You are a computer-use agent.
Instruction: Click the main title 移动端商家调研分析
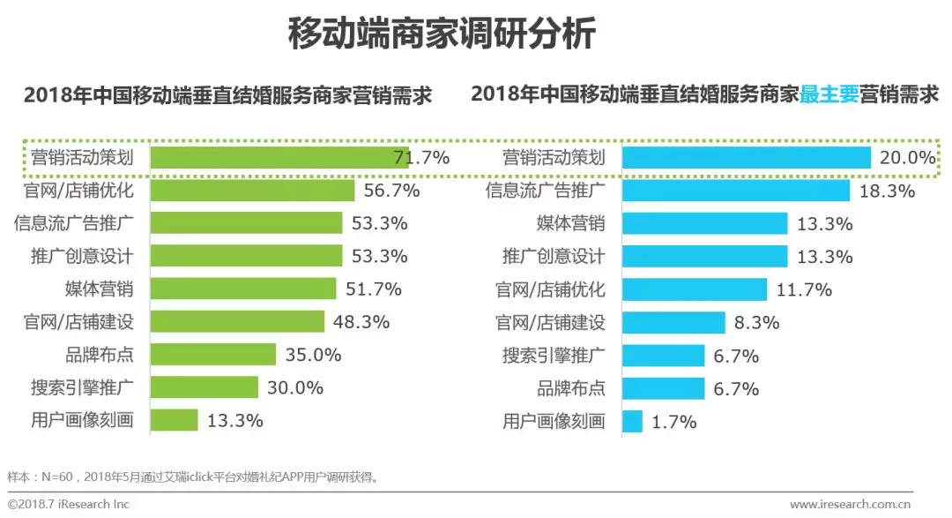[442, 35]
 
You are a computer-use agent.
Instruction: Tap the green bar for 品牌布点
[213, 355]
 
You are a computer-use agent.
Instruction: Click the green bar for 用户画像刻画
[174, 420]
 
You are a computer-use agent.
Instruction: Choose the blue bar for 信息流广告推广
[736, 190]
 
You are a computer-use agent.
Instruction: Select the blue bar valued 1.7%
[632, 421]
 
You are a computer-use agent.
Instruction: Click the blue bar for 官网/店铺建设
[673, 322]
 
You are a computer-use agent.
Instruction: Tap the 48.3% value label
[361, 322]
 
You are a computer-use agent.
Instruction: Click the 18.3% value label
[886, 191]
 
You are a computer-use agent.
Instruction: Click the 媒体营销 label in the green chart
[99, 289]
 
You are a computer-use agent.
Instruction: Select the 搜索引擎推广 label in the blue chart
[554, 356]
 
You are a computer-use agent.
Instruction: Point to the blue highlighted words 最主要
[829, 94]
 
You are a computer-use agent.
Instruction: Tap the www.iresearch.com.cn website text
[850, 504]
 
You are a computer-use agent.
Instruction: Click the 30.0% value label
[295, 387]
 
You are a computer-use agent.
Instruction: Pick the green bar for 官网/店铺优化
[252, 190]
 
